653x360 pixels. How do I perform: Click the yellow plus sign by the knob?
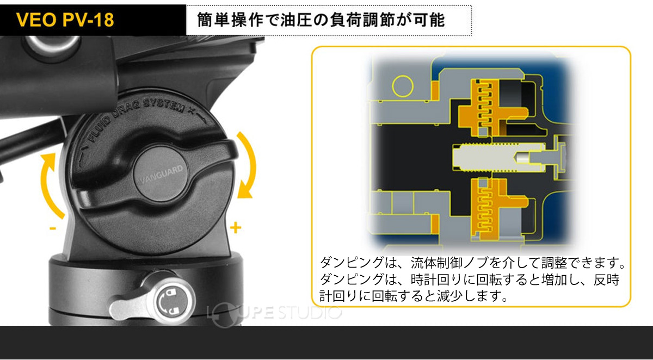pyautogui.click(x=236, y=228)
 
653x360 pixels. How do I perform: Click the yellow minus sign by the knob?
pyautogui.click(x=53, y=228)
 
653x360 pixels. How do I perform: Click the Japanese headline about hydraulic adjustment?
pyautogui.click(x=316, y=21)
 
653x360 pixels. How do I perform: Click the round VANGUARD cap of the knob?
pyautogui.click(x=161, y=177)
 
